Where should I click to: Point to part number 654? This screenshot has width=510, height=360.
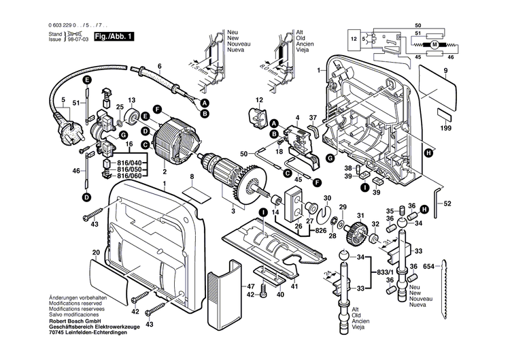(x=429, y=265)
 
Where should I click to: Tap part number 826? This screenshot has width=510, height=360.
(x=320, y=231)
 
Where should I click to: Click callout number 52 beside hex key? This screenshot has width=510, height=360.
(x=447, y=203)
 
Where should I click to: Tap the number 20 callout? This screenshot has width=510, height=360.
(x=96, y=252)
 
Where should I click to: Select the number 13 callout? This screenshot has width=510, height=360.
(x=132, y=99)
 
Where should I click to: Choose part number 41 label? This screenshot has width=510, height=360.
(x=294, y=287)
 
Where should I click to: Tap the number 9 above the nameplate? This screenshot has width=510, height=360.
(x=445, y=71)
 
